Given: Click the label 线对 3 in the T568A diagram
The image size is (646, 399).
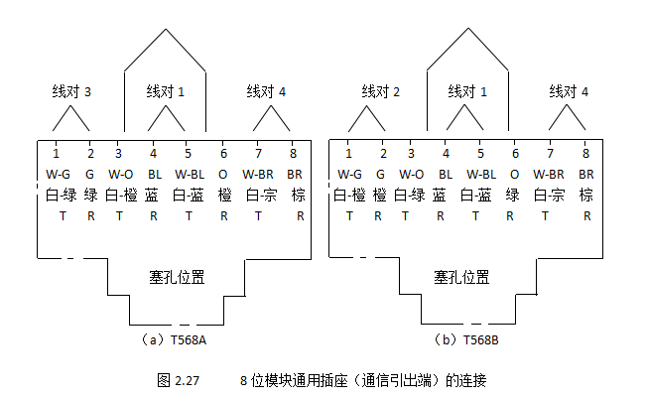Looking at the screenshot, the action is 71,91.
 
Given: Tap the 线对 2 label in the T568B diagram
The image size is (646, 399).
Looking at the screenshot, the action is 381,91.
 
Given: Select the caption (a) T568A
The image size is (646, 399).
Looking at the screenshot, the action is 174,340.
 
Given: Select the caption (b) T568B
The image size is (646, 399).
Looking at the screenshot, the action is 466,340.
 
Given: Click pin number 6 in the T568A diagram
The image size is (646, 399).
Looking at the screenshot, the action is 223,154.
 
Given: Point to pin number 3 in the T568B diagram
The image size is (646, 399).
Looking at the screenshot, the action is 411,154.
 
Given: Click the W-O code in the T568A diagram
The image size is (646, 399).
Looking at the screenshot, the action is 121,175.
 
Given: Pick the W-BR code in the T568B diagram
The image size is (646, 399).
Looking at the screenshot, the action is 549,175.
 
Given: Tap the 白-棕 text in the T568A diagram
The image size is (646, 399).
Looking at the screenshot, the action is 261,195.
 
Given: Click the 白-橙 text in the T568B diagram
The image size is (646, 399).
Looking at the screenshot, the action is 349,195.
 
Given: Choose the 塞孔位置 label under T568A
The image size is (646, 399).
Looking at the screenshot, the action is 177,277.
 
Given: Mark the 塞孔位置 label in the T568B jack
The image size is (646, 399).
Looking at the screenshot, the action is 461,277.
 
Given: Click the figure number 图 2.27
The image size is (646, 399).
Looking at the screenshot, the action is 178,380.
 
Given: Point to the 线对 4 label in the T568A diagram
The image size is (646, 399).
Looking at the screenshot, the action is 266,91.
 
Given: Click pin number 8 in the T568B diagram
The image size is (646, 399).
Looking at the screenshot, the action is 585,154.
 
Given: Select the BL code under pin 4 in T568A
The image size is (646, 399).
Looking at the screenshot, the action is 155,175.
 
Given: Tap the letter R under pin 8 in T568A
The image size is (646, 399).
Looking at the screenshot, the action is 301,216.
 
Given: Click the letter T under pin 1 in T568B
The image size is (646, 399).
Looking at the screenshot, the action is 349,216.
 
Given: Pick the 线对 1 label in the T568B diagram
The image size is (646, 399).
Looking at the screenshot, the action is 467,91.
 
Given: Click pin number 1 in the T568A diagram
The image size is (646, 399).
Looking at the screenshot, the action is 56,154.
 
